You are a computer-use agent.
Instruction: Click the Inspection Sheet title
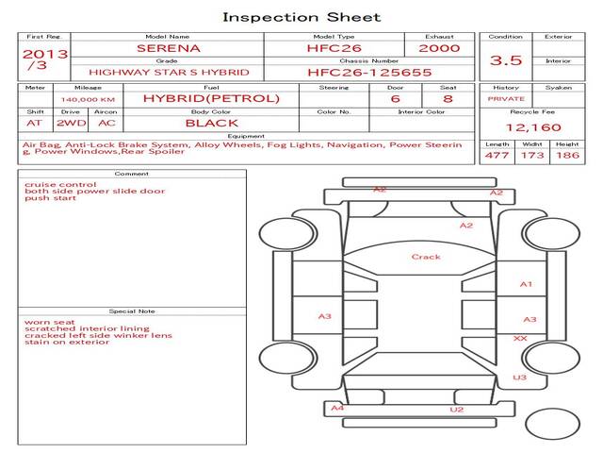tap(301, 17)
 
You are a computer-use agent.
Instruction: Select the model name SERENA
tap(168, 47)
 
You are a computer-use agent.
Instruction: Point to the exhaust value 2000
tap(439, 47)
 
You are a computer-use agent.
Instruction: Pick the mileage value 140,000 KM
tap(88, 99)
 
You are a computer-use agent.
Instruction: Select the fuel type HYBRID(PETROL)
tap(211, 98)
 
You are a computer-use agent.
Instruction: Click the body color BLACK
tap(211, 123)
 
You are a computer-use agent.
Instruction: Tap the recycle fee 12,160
tap(533, 127)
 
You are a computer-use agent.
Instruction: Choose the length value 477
tap(497, 156)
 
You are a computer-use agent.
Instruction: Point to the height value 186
tap(567, 156)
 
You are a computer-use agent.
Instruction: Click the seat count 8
tap(448, 98)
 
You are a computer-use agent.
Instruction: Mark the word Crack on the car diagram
tap(426, 257)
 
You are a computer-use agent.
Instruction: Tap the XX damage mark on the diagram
tap(520, 338)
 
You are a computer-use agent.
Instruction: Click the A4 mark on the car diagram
tap(337, 408)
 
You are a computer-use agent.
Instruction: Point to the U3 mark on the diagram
tap(520, 377)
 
